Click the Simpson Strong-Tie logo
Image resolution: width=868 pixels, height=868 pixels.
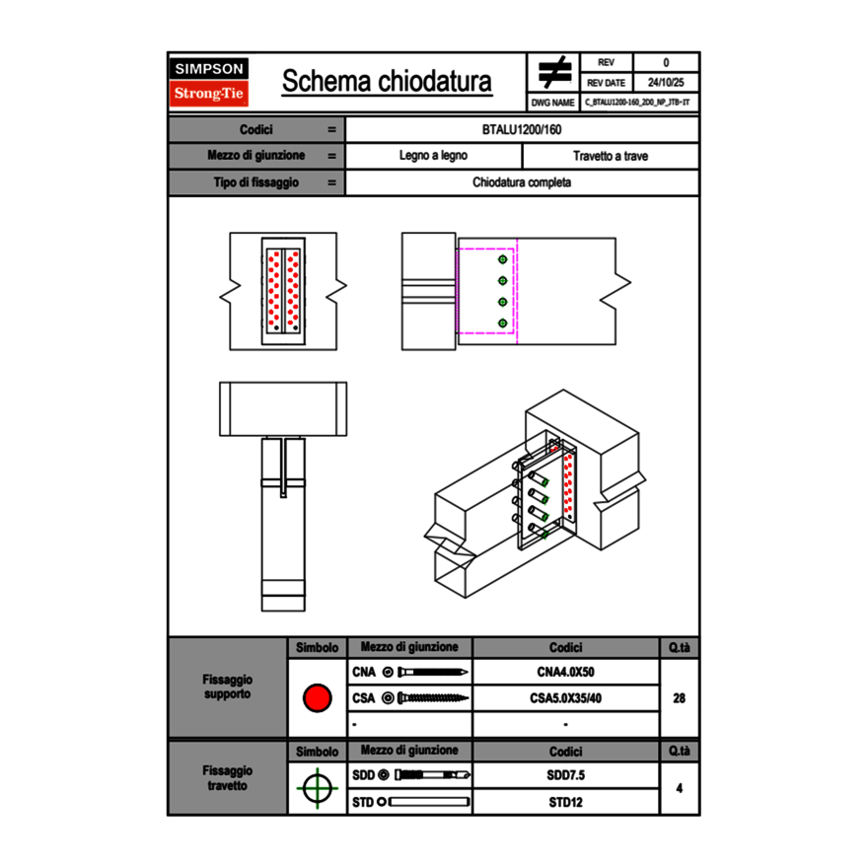pos(210,82)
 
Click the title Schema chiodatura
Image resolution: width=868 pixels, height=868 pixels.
pos(387,82)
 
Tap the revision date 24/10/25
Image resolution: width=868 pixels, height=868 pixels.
pos(666,83)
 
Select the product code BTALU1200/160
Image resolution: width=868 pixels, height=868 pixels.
pos(522,129)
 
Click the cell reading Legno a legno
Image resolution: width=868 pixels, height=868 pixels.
pos(433,156)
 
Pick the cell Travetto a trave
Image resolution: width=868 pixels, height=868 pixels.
pos(610,156)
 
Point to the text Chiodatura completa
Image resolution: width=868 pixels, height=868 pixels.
pos(522,182)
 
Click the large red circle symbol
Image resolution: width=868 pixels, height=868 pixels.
pos(317,698)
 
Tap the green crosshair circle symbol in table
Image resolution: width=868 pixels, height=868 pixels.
pos(317,788)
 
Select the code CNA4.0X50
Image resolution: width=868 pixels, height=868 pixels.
pos(565,673)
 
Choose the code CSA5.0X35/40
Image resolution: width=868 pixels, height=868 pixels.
pos(565,698)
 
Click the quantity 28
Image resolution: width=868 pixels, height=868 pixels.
pos(679,698)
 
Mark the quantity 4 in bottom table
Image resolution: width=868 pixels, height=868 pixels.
pos(679,788)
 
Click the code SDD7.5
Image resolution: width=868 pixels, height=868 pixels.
pos(565,775)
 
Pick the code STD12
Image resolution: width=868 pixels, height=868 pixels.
pos(565,802)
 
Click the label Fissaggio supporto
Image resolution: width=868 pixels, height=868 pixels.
pos(227,687)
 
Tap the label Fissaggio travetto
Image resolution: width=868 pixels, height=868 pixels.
pos(227,777)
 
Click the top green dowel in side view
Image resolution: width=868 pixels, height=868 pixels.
pos(503,258)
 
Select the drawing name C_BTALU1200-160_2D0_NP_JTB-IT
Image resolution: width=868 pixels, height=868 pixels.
pos(638,102)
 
